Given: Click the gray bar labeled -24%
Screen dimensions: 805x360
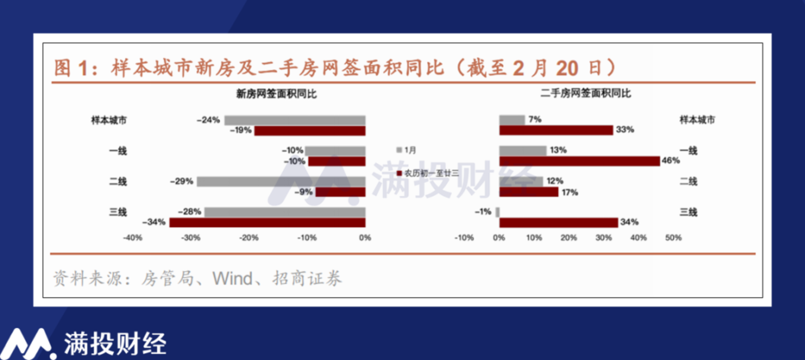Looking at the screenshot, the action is tap(295, 120).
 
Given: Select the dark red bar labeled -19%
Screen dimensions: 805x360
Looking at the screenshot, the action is tap(310, 131).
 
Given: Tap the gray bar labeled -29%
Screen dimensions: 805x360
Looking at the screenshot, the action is tap(281, 182).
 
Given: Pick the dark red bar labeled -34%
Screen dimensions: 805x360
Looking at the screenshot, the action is tap(267, 222).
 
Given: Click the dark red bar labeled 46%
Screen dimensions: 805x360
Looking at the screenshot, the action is tap(580, 161).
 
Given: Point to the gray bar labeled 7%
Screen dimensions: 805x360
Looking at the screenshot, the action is tap(512, 120).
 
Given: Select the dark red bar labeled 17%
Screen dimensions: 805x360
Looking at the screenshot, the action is tap(529, 192).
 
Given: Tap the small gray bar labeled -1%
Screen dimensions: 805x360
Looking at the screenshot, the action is tap(498, 212).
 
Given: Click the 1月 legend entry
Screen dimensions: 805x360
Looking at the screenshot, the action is tap(406, 150).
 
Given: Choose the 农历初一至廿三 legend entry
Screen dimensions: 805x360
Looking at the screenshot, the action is tap(428, 173).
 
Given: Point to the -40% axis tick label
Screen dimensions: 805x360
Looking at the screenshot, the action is tap(132, 238).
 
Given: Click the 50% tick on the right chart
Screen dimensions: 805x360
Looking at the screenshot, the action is tap(674, 238).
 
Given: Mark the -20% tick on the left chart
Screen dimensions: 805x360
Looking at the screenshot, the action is tap(249, 238).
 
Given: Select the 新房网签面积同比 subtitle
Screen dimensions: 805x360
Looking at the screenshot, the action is tap(276, 94).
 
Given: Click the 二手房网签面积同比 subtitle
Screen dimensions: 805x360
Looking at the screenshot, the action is tap(586, 93).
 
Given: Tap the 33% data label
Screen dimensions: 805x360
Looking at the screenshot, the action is tap(625, 130).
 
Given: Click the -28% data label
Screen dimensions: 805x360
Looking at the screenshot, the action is tap(190, 212).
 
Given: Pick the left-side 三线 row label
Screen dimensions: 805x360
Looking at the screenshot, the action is tap(118, 212).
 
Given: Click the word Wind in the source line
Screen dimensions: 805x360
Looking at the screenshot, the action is tap(233, 278).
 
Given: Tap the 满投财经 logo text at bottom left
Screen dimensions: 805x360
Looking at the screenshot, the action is tap(115, 344).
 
